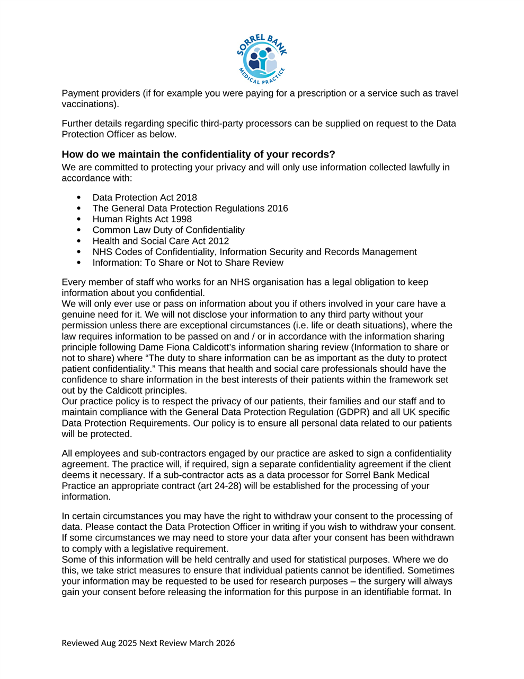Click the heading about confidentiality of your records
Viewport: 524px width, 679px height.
click(x=198, y=154)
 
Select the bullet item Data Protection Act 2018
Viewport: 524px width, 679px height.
click(x=145, y=197)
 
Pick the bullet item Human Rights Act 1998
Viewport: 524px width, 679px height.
click(x=142, y=219)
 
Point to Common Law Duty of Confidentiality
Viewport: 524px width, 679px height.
click(x=168, y=230)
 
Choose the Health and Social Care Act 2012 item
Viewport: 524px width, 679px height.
click(x=161, y=241)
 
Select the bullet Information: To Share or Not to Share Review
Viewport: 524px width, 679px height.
click(x=188, y=263)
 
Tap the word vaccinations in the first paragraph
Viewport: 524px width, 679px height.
click(x=88, y=104)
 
